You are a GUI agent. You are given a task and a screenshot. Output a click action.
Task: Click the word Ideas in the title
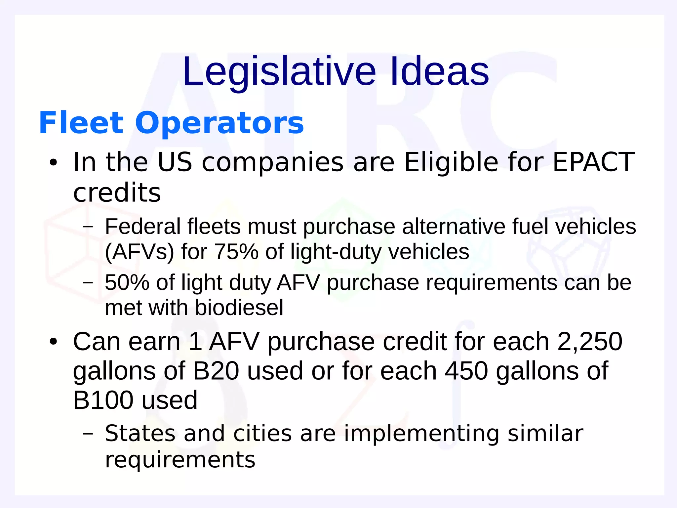439,71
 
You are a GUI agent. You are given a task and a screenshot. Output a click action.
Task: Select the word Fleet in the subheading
81,123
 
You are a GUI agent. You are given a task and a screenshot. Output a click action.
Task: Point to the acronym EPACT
593,162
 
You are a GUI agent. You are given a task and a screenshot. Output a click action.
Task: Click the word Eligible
451,162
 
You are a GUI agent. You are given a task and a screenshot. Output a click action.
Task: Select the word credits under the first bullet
117,192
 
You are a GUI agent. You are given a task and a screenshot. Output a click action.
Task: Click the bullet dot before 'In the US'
53,163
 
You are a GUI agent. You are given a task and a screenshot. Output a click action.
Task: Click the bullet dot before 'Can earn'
53,342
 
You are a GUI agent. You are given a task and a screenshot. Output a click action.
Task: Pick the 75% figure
236,252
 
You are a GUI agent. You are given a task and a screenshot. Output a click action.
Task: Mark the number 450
466,371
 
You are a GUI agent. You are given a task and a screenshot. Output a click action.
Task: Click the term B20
216,371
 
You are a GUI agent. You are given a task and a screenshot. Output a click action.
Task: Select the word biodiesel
239,308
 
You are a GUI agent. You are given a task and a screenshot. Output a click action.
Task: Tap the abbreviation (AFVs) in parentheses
139,252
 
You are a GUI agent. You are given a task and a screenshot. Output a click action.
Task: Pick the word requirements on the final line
180,459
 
